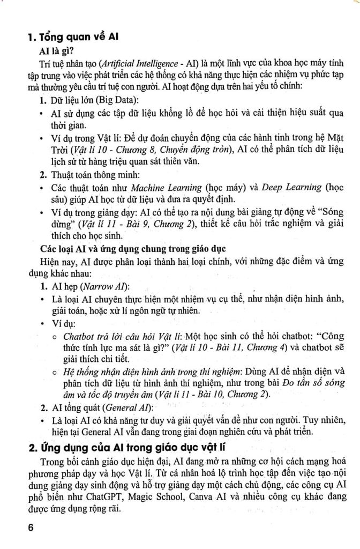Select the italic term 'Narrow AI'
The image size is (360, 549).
[110, 285]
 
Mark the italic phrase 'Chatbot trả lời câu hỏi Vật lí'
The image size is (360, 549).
[121, 336]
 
